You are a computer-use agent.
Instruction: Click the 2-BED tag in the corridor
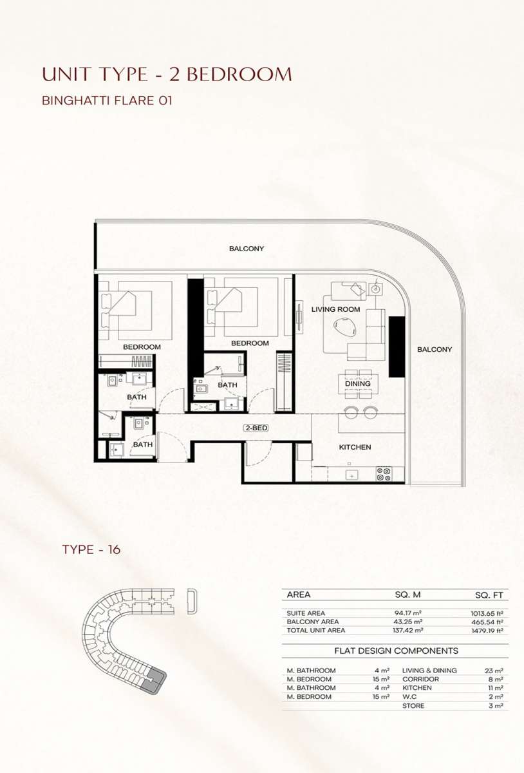256,428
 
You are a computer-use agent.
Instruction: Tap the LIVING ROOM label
335,310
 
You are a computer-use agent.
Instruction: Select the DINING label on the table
358,383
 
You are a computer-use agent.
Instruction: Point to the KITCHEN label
355,447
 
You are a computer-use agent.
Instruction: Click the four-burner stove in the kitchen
384,474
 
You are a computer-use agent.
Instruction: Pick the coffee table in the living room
344,327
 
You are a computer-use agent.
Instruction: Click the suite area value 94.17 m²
407,613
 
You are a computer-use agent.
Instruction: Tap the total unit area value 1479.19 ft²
487,631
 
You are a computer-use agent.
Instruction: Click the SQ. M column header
407,595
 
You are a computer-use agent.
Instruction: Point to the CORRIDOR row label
420,679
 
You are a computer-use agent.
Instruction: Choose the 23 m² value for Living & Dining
494,671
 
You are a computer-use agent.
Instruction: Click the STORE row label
413,706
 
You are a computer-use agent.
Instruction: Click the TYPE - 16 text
91,549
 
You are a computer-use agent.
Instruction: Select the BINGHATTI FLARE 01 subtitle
107,100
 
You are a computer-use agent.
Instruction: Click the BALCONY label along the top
247,249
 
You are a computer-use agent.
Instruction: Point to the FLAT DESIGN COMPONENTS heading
397,651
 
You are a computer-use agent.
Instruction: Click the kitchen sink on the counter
351,475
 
